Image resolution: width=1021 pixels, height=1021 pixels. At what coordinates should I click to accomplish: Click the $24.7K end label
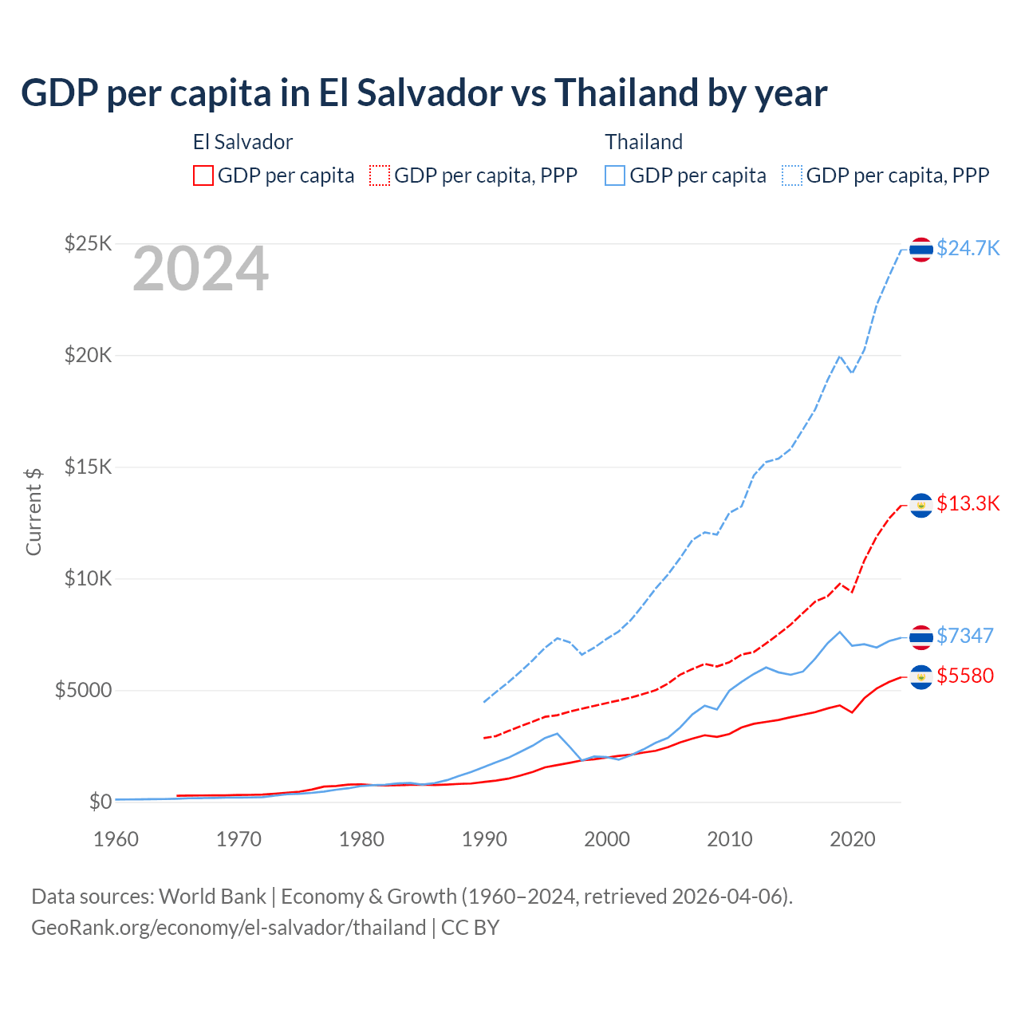tap(968, 248)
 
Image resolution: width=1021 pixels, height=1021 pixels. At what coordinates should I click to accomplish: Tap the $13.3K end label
tap(968, 503)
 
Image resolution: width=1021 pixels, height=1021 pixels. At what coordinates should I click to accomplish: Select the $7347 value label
tap(965, 636)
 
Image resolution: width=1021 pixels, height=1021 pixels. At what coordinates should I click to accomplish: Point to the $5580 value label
tap(965, 676)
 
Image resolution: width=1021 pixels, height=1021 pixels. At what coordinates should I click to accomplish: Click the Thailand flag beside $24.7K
tap(921, 250)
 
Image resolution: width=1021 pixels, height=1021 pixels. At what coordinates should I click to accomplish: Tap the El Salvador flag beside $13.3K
tap(921, 505)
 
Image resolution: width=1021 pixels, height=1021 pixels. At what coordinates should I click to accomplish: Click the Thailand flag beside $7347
tap(921, 637)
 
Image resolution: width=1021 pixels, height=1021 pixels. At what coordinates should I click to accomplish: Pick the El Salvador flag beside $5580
tap(921, 677)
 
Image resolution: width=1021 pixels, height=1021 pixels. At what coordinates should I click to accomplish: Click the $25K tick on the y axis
tap(88, 243)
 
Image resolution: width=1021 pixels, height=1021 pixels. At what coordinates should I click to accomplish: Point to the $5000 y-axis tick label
tap(83, 690)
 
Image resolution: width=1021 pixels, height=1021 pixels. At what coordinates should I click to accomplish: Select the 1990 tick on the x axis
tap(484, 839)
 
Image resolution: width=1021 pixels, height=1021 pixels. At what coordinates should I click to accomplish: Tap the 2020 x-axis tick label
tap(853, 839)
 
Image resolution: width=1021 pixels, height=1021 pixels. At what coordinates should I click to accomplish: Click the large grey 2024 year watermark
tap(200, 269)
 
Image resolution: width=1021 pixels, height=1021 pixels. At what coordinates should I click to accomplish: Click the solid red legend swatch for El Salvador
tap(203, 175)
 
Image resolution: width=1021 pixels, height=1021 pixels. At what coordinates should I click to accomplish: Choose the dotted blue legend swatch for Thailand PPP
tap(792, 175)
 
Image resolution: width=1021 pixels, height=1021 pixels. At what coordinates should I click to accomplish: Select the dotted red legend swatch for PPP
tap(380, 175)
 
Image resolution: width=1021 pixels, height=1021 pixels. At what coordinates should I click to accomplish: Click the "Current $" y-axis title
tap(34, 511)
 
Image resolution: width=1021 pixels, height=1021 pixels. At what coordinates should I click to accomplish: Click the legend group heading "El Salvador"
tap(242, 142)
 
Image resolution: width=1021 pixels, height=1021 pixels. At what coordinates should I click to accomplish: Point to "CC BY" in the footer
tap(470, 928)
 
